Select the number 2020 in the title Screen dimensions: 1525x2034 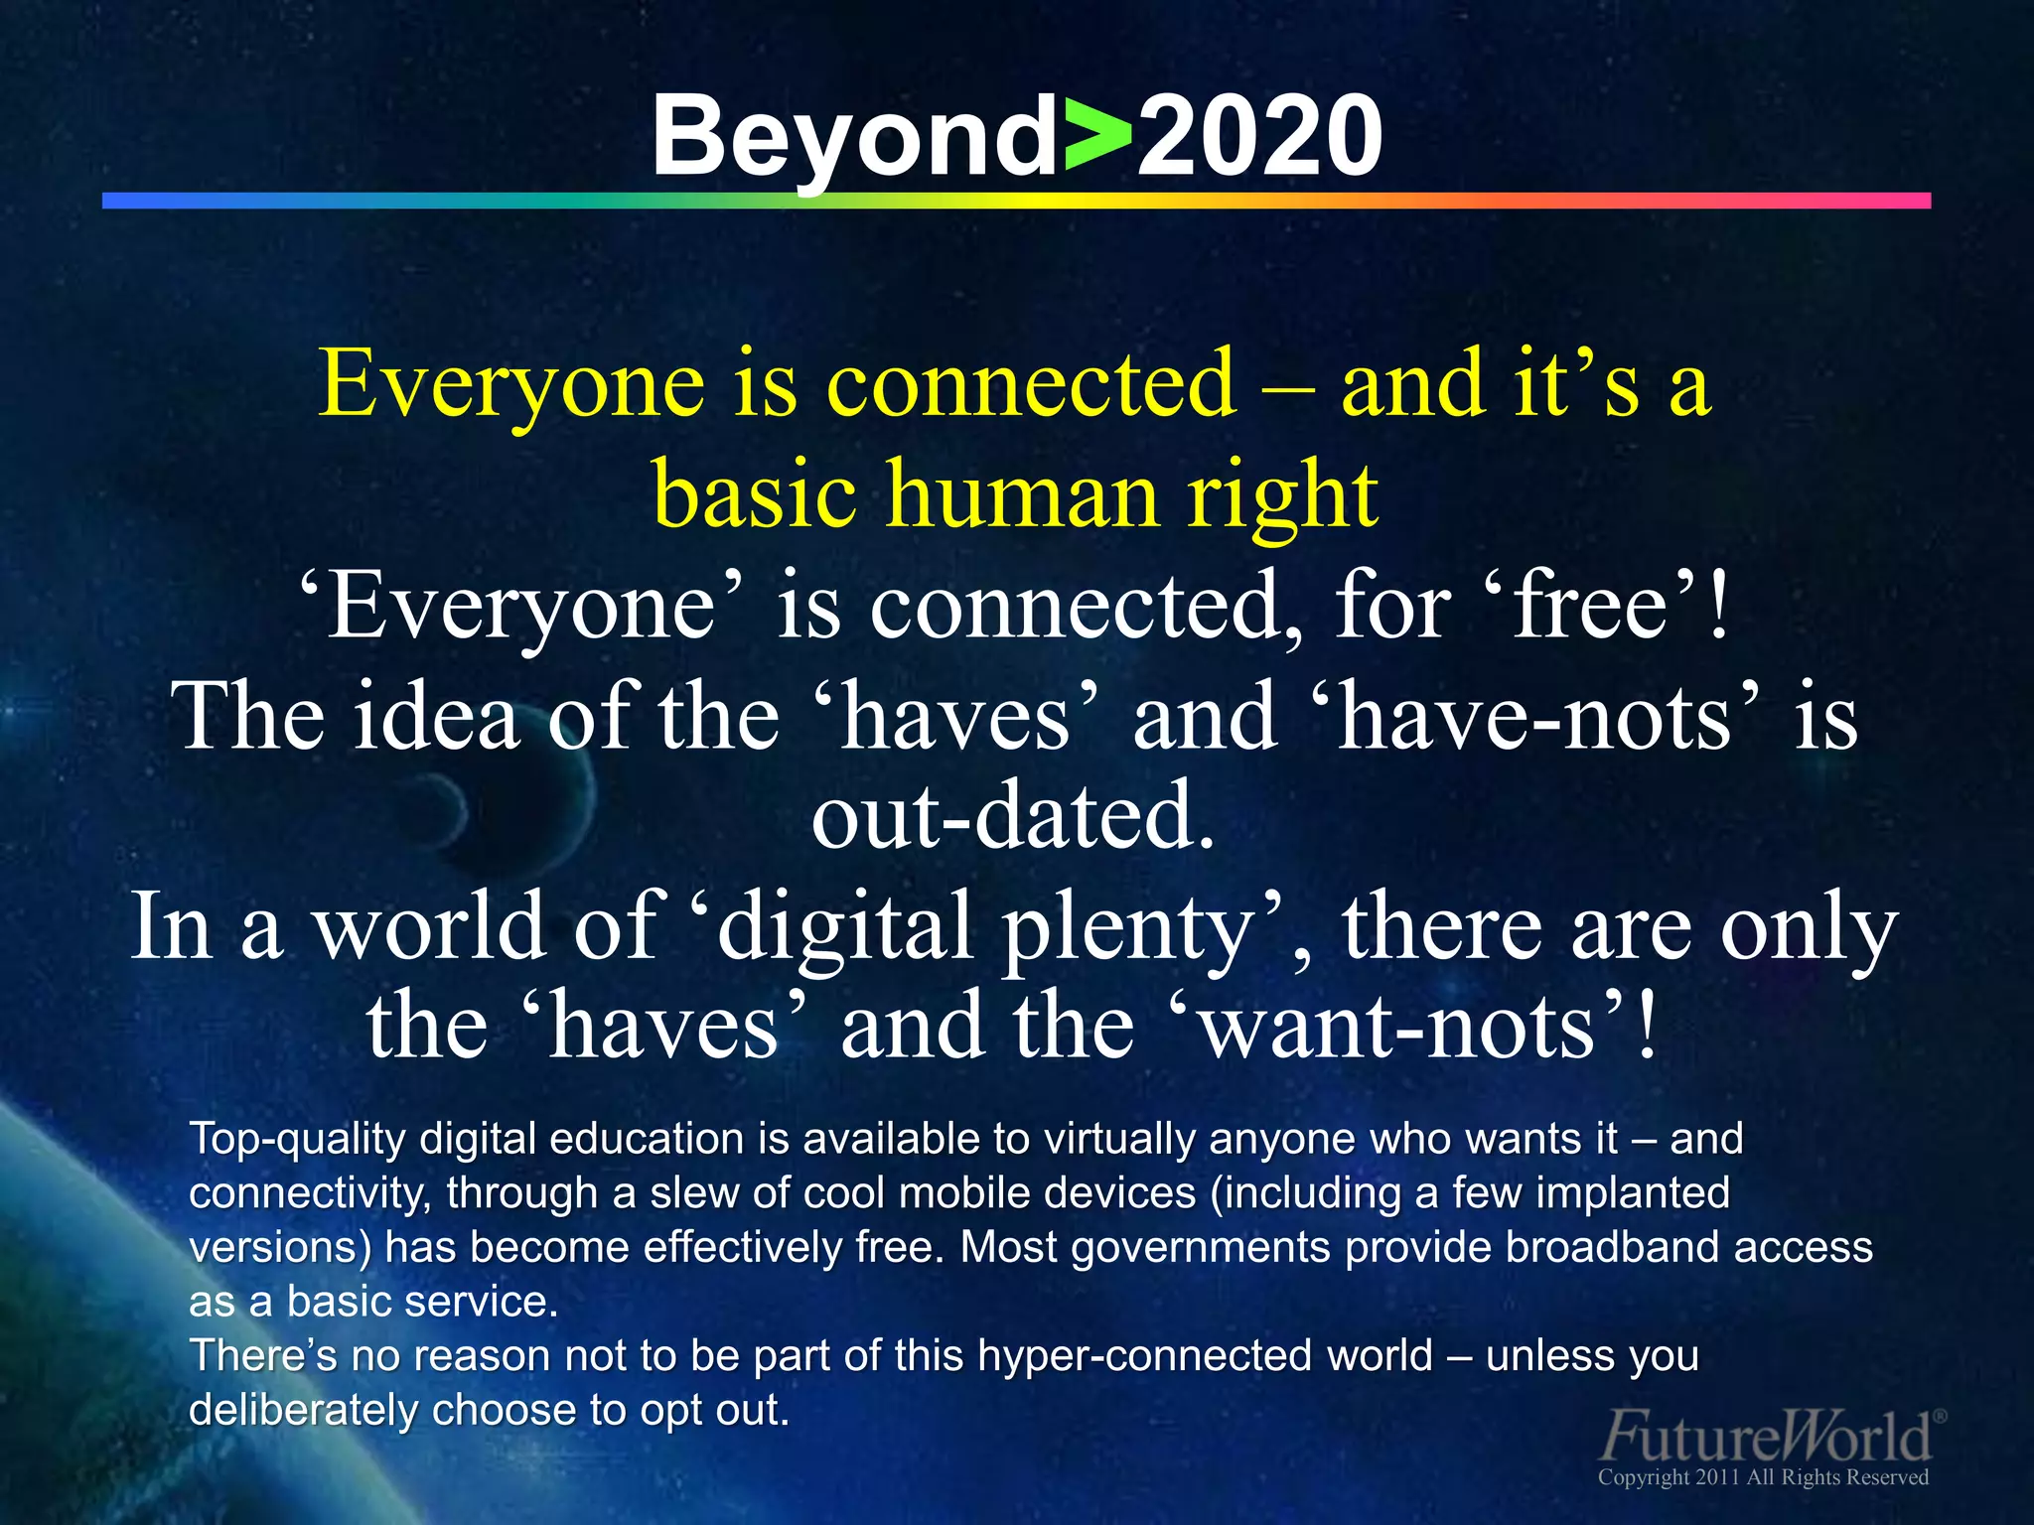[1259, 137]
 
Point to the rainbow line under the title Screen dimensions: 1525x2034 [1016, 201]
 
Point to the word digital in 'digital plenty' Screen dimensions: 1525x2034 [845, 925]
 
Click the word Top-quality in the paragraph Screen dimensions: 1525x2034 [297, 1139]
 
